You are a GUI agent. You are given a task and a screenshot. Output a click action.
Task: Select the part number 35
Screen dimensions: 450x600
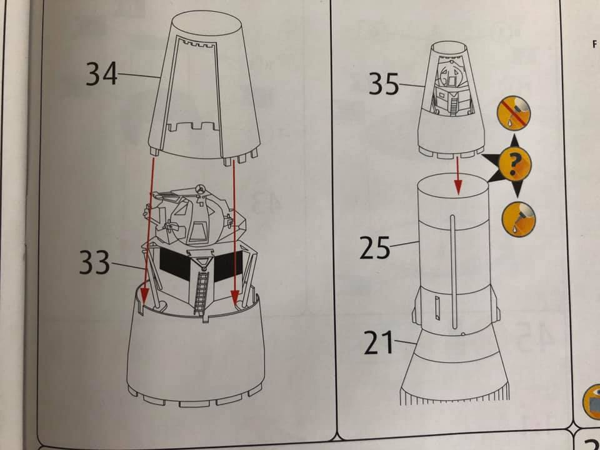[x=384, y=84]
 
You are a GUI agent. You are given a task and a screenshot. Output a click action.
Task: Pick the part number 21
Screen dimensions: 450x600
[x=379, y=343]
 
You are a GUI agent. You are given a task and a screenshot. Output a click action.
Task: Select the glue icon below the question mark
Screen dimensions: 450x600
[x=518, y=219]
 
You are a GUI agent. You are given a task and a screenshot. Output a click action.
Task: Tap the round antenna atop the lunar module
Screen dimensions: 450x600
[x=199, y=187]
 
